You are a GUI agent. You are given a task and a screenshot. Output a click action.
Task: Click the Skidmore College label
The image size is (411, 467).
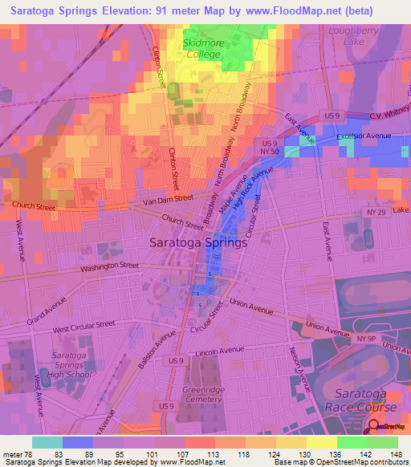point(203,49)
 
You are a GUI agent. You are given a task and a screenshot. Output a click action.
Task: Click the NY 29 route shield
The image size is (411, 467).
point(372,211)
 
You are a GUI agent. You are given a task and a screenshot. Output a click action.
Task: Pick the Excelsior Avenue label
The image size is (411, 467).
point(364,136)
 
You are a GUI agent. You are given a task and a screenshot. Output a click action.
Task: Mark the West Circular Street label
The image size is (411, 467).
point(86,329)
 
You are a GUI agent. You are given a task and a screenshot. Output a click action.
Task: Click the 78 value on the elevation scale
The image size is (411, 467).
point(29,455)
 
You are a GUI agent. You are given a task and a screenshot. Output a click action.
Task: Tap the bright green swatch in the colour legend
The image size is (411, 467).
point(352,442)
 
